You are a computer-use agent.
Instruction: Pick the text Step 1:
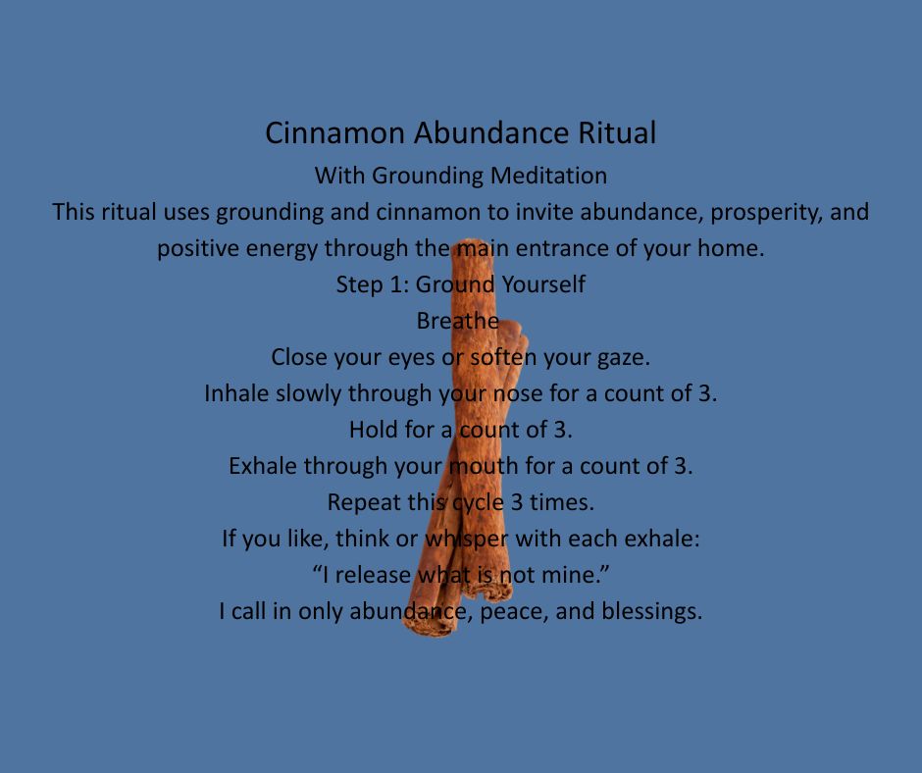pos(372,284)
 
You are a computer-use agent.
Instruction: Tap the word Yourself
pos(543,284)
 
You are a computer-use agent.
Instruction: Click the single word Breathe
pos(458,321)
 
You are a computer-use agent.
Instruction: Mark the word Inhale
pos(235,393)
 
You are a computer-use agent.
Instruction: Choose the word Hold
pos(371,429)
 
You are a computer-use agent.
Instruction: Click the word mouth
pos(481,465)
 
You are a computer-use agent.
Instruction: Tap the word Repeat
pos(363,501)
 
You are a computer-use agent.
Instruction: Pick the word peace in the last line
pos(508,610)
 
